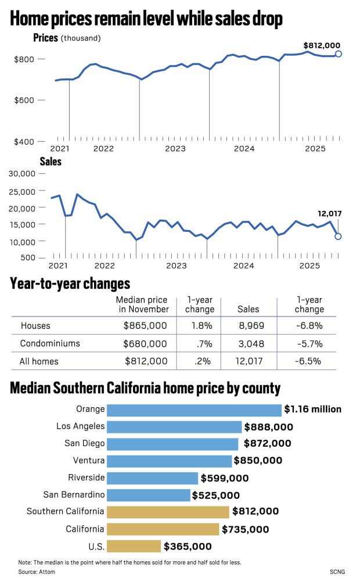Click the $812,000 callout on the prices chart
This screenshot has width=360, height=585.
(x=322, y=45)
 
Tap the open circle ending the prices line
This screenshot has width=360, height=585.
(x=339, y=54)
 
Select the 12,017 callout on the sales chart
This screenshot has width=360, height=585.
(x=330, y=214)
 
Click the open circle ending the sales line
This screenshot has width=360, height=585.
(x=338, y=236)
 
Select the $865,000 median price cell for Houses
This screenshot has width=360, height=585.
(x=146, y=325)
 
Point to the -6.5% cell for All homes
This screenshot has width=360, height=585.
(x=308, y=361)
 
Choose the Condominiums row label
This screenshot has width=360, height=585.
(x=50, y=343)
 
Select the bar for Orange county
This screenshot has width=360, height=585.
(x=195, y=410)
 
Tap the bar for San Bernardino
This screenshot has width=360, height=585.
(x=149, y=495)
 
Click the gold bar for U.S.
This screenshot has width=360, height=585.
(x=134, y=547)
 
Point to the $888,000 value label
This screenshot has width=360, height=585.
(x=268, y=427)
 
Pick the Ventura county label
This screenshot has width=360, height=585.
(x=89, y=461)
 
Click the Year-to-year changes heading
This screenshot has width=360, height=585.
(x=70, y=284)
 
